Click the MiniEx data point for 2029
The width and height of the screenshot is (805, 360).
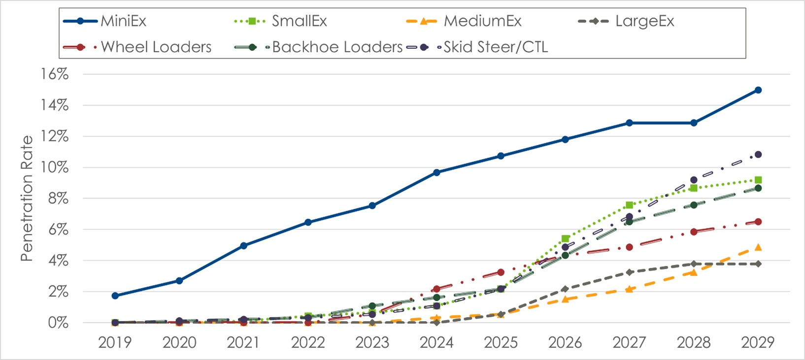tap(758, 90)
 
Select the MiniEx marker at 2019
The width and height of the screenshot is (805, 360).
tap(115, 296)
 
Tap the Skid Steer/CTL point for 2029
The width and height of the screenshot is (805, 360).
tap(758, 155)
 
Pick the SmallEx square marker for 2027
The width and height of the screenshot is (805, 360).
tap(629, 205)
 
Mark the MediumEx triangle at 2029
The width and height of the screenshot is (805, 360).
tap(758, 247)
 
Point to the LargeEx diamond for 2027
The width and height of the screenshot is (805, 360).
tap(629, 272)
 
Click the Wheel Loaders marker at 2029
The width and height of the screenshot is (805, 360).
tap(758, 222)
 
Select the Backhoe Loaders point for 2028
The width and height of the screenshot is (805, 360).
tap(694, 205)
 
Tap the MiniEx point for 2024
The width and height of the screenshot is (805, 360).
tap(436, 172)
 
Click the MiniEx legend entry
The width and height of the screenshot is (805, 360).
tap(123, 21)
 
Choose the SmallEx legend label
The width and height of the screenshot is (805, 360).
tap(299, 21)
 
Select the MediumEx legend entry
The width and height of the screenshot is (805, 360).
tap(482, 21)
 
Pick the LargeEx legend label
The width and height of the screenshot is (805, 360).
tap(644, 21)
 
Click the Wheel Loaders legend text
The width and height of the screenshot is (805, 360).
tap(156, 47)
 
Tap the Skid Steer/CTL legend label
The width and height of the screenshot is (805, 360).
tap(496, 47)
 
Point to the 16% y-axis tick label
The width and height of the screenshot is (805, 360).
tap(54, 74)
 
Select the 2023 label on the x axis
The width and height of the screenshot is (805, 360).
tap(372, 342)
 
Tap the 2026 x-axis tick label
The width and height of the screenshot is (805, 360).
tap(565, 342)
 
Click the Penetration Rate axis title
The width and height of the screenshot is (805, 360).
tap(27, 198)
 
